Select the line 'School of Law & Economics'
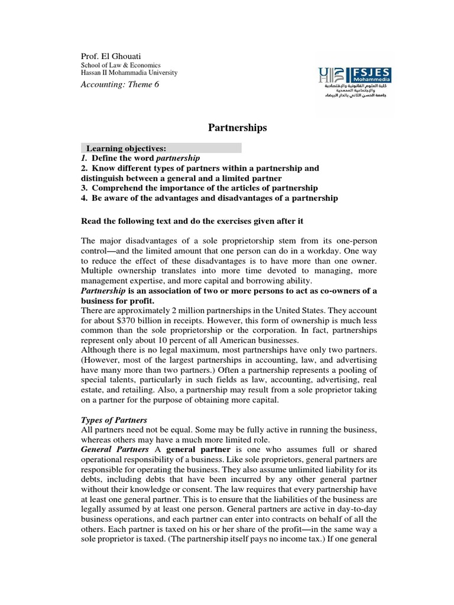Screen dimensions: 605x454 click(x=121, y=65)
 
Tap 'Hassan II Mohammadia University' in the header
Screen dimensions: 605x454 click(x=129, y=73)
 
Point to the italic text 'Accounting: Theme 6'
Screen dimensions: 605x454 click(x=119, y=84)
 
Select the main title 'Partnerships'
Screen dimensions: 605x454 click(x=237, y=128)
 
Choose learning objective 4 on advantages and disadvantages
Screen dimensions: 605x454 click(x=209, y=198)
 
